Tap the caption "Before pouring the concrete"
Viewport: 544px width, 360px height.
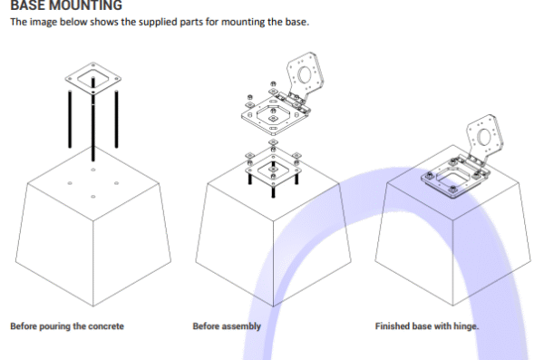(x=67, y=326)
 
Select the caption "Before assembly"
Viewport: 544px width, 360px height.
(x=227, y=326)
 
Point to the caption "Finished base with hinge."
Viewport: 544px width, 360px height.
(x=427, y=326)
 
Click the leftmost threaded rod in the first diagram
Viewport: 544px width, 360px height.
(x=70, y=119)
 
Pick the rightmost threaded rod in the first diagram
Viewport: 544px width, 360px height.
(x=116, y=119)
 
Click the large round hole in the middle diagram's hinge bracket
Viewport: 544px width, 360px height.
(x=305, y=74)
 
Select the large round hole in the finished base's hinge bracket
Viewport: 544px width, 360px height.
(x=483, y=136)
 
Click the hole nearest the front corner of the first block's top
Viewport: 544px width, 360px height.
(x=93, y=197)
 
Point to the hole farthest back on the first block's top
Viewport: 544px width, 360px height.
(x=93, y=170)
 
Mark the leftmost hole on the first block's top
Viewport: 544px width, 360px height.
(x=70, y=183)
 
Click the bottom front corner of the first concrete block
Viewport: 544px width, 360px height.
(x=93, y=306)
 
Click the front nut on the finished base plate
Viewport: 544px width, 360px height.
(x=452, y=190)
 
